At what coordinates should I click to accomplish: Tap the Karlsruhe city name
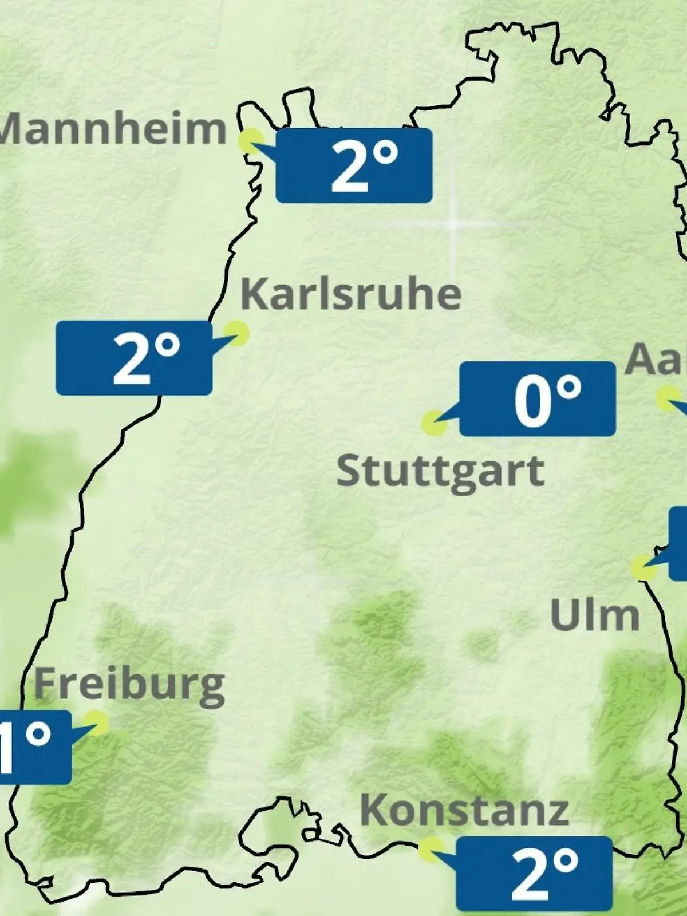[351, 294]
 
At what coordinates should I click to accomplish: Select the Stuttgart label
[440, 471]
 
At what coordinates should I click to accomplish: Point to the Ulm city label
[594, 615]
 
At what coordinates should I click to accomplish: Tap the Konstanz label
[464, 811]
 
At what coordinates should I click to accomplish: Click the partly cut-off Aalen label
[656, 360]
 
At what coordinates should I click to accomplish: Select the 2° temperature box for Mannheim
[354, 165]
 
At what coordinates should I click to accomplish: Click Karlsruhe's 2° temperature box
[134, 358]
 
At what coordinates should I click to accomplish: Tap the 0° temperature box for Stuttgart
[538, 399]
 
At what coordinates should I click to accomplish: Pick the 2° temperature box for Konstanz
[534, 874]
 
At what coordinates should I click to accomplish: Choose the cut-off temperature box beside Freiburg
[34, 747]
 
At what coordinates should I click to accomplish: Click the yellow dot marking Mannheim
[251, 140]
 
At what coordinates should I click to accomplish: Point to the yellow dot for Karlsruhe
[236, 333]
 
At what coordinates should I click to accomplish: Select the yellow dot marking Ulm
[643, 567]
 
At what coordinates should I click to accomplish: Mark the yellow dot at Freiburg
[96, 722]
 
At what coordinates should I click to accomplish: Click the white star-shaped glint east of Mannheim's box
[452, 224]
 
